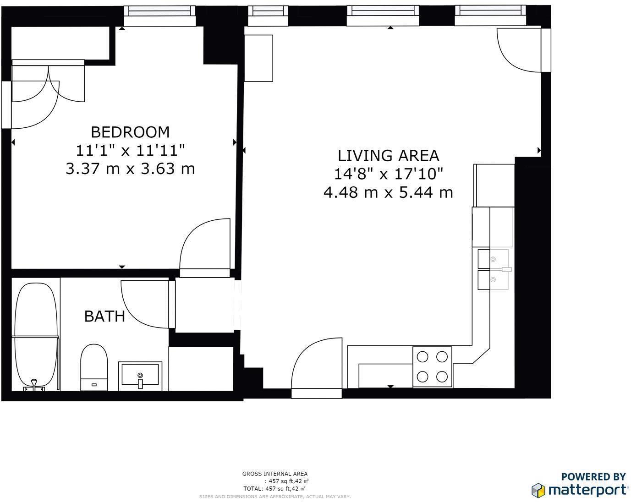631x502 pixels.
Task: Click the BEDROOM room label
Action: click(x=130, y=132)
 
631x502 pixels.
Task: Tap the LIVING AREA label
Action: click(x=389, y=156)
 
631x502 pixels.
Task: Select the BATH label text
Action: click(x=104, y=316)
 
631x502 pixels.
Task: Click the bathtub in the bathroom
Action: click(x=35, y=337)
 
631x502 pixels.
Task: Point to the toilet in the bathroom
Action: click(x=94, y=367)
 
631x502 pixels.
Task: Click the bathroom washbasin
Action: click(x=140, y=376)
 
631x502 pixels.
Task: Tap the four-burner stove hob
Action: click(x=432, y=366)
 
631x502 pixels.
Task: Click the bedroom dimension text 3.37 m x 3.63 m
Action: click(x=130, y=169)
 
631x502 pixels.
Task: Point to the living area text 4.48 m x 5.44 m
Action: click(x=389, y=192)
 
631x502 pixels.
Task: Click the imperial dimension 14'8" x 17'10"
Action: click(x=389, y=174)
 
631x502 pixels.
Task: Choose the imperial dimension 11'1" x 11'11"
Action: click(x=130, y=151)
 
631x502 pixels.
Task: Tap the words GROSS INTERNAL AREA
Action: click(x=275, y=474)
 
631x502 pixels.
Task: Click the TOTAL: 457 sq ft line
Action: click(x=274, y=489)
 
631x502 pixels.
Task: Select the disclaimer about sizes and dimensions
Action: click(x=275, y=497)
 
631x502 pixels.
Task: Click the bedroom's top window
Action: click(x=159, y=16)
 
